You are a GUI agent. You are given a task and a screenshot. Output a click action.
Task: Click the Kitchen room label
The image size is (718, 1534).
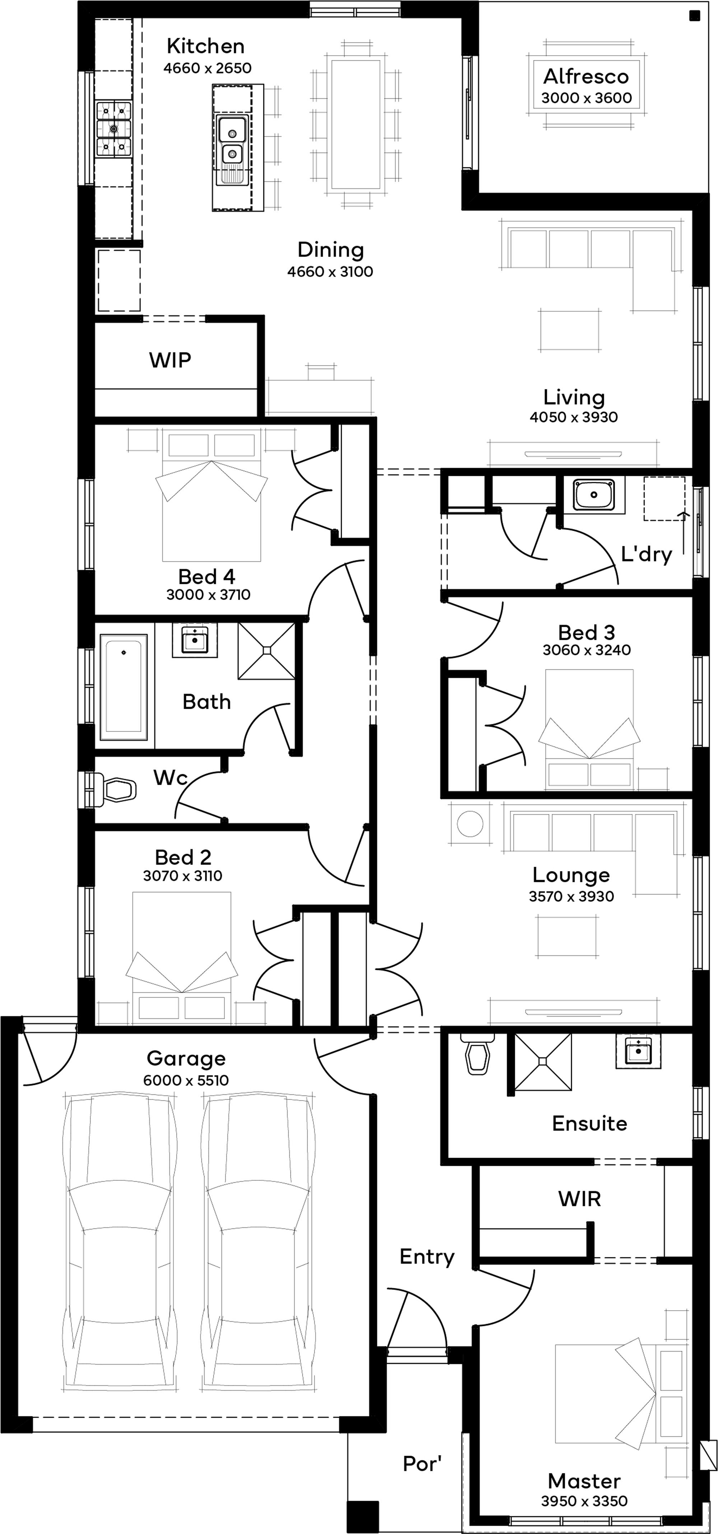coord(205,46)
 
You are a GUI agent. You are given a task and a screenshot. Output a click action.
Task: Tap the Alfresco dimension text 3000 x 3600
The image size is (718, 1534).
coord(586,98)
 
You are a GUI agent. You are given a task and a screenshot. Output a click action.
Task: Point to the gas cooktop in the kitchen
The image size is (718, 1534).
coord(114,129)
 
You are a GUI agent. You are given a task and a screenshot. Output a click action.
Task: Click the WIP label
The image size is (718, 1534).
coord(170,360)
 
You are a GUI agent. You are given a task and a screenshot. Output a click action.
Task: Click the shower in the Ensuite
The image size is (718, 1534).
coord(542,1061)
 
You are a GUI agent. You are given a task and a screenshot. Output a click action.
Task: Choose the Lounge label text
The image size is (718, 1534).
coord(571,875)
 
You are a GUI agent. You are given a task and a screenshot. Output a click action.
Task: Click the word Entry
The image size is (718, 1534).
coord(427,1256)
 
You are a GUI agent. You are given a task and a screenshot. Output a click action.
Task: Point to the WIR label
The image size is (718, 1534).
coord(579,1198)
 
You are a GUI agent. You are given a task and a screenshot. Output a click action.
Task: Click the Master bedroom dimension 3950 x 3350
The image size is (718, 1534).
coord(584,1501)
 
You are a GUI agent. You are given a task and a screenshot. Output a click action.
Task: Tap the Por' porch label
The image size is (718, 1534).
coord(422,1463)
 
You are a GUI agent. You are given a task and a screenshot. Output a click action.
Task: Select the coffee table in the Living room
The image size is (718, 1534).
coord(569,329)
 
